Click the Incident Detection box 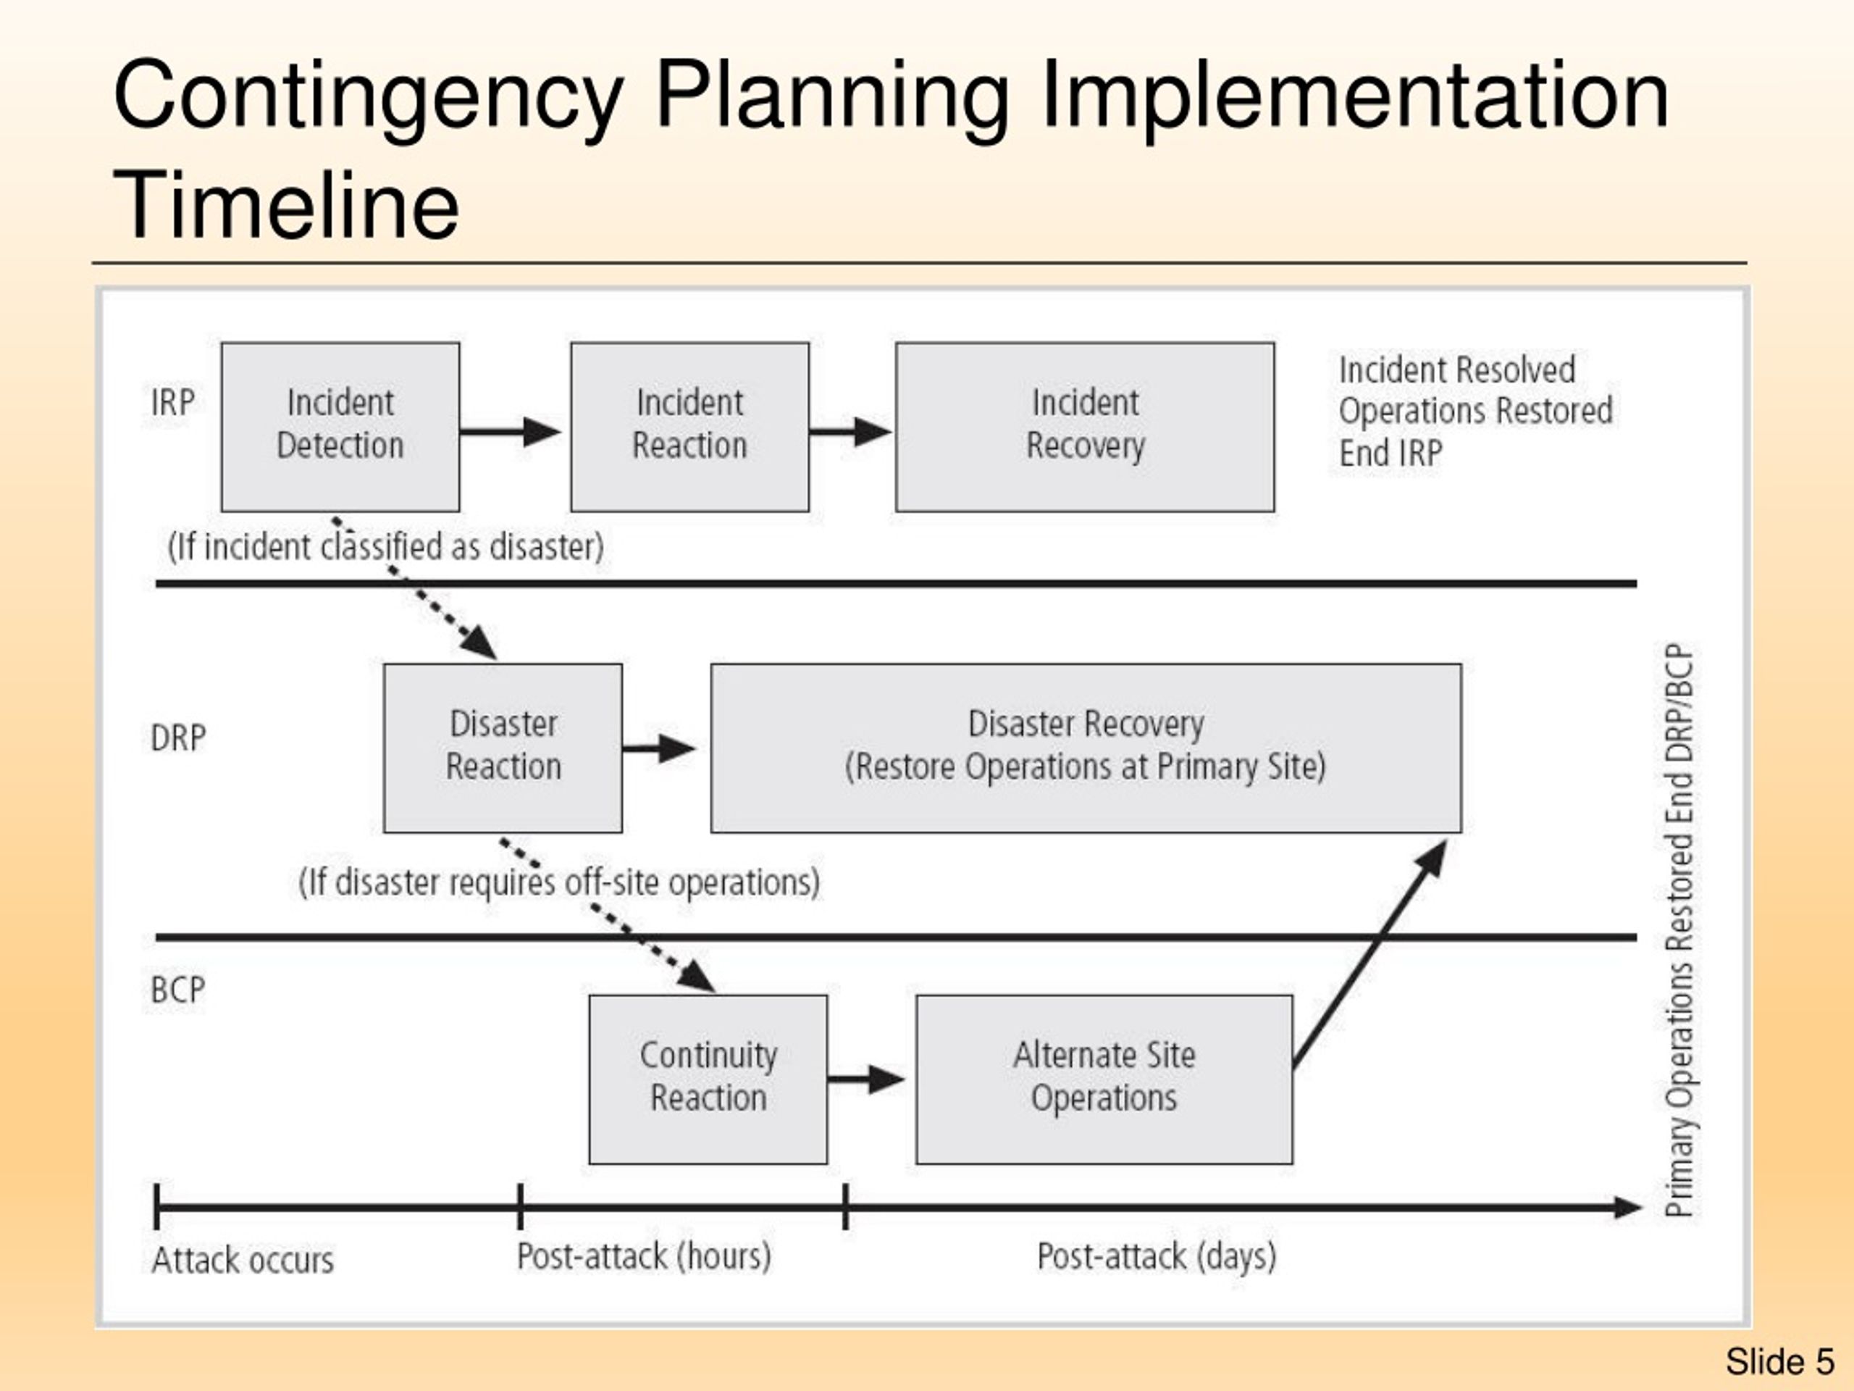340,426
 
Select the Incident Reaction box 689,426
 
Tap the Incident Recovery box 1085,426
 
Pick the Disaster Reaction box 502,748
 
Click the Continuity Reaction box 708,1078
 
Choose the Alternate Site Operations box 1103,1078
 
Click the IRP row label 172,403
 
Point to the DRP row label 177,738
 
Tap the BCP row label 177,990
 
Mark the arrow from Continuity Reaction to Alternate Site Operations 865,1079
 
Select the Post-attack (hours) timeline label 644,1256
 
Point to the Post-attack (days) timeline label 1157,1256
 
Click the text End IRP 1390,454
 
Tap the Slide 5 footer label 1779,1361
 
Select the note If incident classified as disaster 385,548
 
